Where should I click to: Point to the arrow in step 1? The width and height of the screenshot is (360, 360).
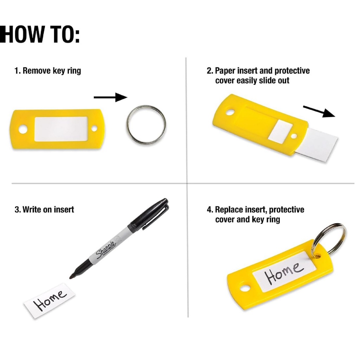[x=110, y=97]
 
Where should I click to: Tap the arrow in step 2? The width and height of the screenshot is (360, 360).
[x=319, y=111]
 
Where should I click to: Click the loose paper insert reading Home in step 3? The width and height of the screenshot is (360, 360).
[x=49, y=301]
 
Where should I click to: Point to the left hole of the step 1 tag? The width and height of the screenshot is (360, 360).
[x=23, y=129]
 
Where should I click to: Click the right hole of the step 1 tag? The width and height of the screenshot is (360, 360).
[x=94, y=129]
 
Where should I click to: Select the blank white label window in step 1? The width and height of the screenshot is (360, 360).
[x=61, y=129]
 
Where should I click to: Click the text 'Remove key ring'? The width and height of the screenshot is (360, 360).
[x=52, y=71]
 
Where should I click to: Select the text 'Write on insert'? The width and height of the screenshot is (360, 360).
[x=48, y=210]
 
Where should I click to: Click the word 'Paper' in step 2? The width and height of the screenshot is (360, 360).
[x=225, y=71]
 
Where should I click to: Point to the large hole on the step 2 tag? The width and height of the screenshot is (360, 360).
[x=230, y=112]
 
